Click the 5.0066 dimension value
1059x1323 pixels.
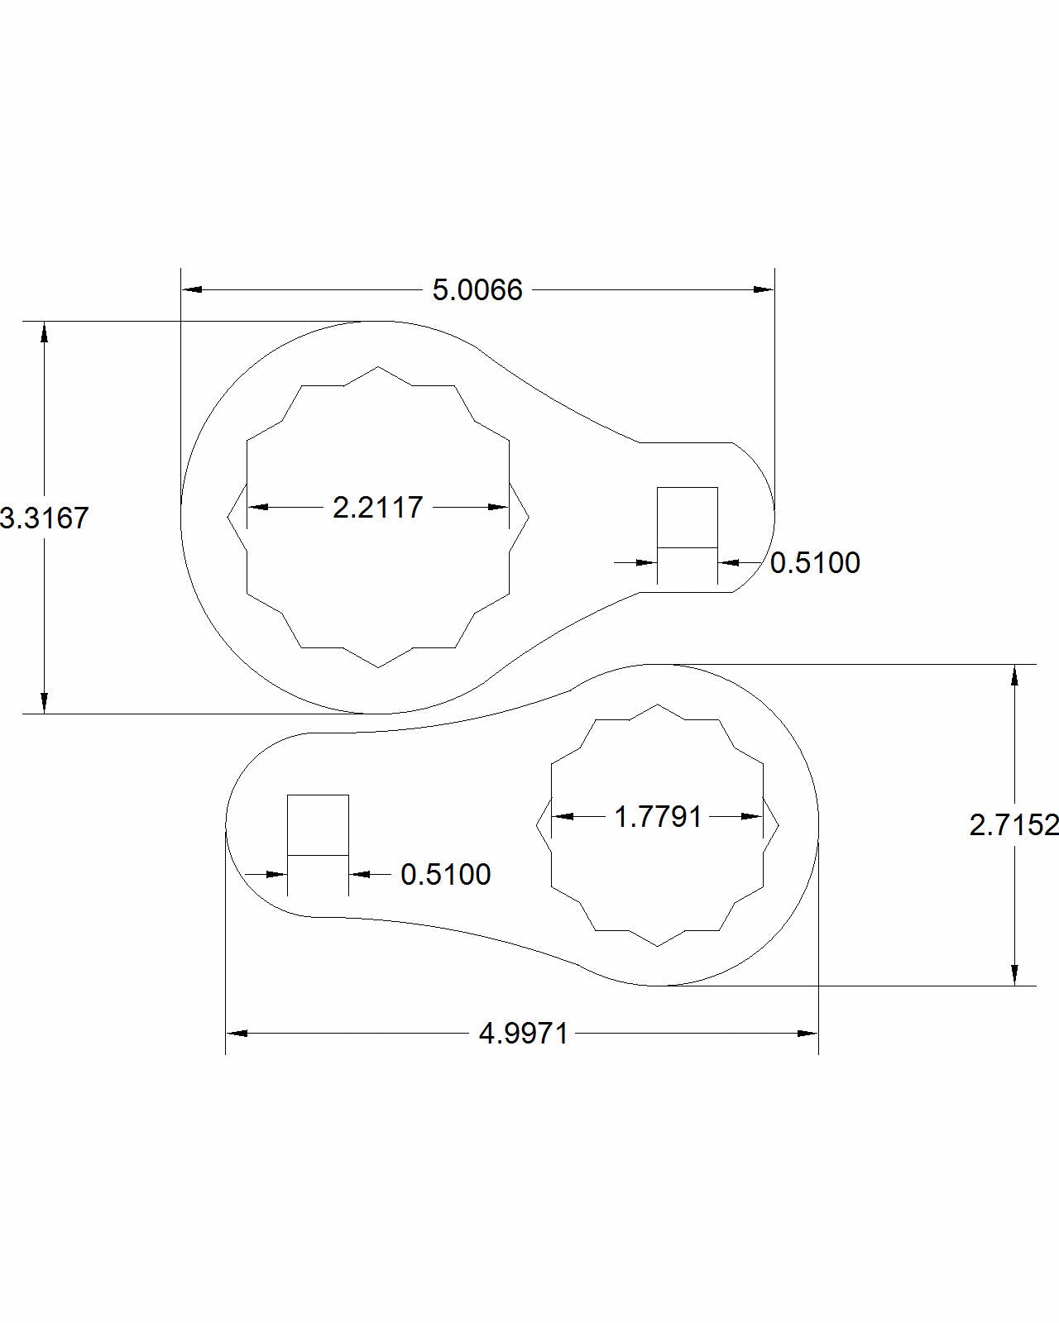(x=477, y=290)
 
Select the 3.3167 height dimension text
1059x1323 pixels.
(x=43, y=518)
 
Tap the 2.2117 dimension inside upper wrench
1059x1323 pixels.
(x=378, y=507)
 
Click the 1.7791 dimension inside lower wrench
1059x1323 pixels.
(x=658, y=817)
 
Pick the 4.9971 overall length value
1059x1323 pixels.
(x=524, y=1034)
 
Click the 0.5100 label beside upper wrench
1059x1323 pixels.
(x=815, y=563)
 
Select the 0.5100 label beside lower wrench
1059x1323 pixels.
(x=446, y=875)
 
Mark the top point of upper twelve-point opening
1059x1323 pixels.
(x=378, y=367)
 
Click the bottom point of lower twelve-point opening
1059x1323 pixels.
(x=658, y=946)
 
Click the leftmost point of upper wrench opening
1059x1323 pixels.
(x=228, y=518)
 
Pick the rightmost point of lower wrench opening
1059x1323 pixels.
(x=779, y=824)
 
